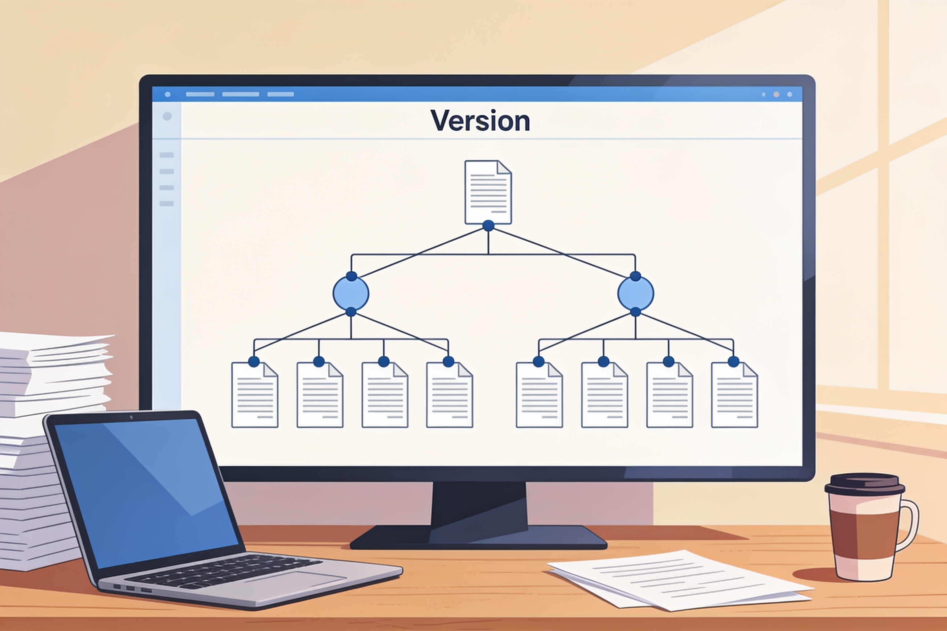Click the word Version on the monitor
pos(480,121)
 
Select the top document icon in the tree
pos(488,192)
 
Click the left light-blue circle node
pos(351,293)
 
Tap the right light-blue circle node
pos(635,293)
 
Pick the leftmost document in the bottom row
pos(254,395)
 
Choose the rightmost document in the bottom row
pos(734,395)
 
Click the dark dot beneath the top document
pos(488,226)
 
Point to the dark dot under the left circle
pos(351,312)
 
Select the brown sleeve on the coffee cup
pos(864,535)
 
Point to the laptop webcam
pos(131,417)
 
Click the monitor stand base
pos(478,537)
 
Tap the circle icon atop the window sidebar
pos(167,116)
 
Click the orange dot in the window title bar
pos(776,95)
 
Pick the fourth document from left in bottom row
pos(449,395)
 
